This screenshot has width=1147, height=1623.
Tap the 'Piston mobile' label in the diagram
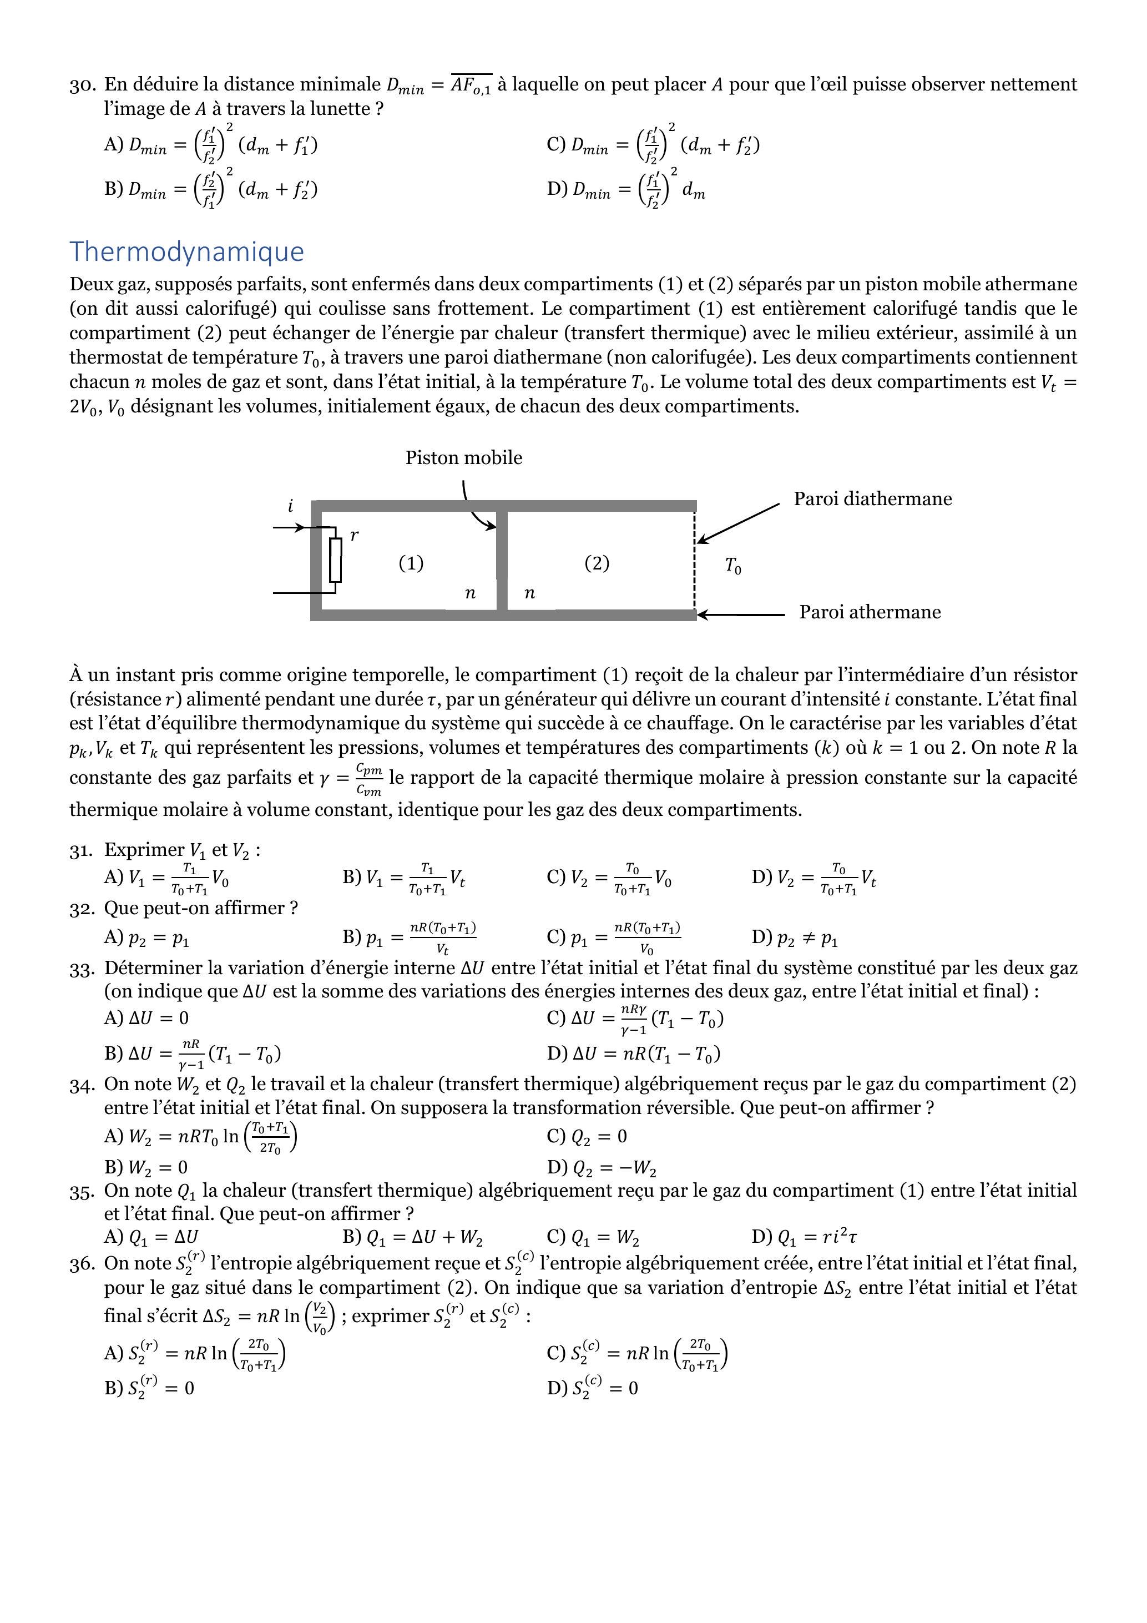click(463, 458)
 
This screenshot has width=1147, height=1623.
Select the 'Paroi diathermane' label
click(872, 499)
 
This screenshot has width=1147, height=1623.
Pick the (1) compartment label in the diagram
click(411, 563)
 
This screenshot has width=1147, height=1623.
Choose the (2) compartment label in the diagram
click(597, 563)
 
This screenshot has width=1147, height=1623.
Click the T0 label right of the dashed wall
click(733, 566)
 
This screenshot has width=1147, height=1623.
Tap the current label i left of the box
click(290, 506)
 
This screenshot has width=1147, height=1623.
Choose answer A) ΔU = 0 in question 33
click(146, 1018)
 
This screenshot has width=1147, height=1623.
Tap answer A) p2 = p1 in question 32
click(146, 938)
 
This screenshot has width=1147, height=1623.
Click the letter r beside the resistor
click(354, 535)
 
